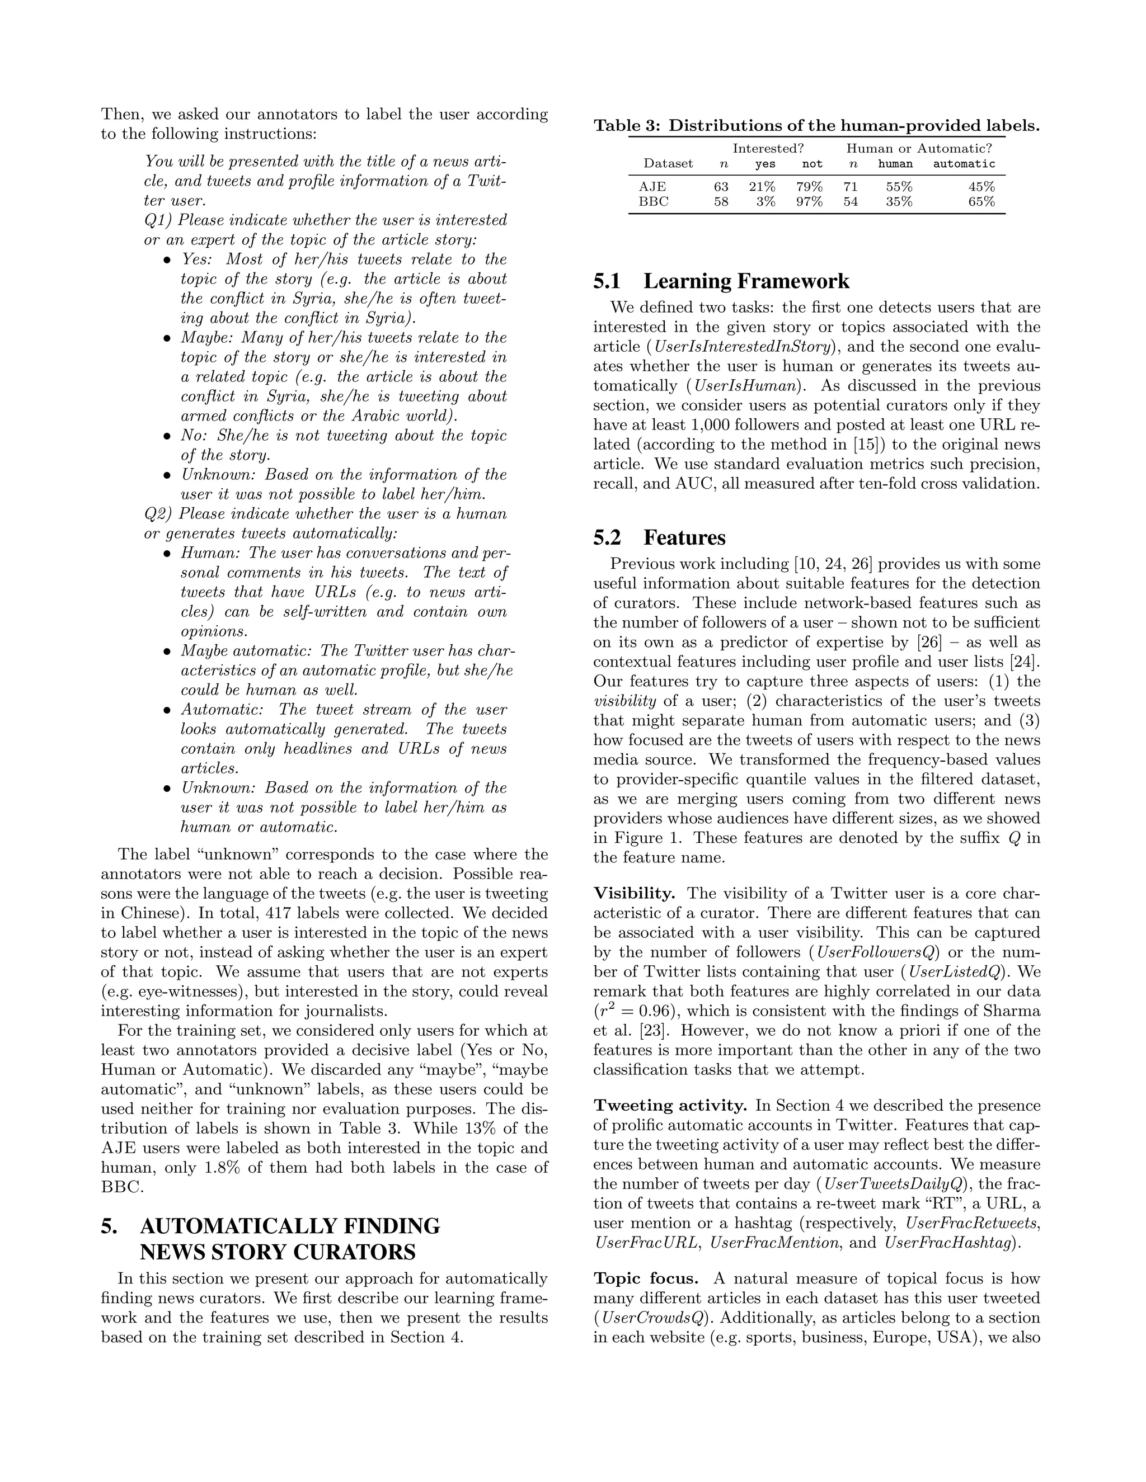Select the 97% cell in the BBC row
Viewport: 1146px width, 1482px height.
[x=809, y=201]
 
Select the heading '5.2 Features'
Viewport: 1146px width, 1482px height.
[x=659, y=537]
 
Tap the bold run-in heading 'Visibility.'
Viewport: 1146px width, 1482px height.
[x=634, y=894]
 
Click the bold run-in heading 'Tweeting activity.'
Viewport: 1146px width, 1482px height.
[x=669, y=1106]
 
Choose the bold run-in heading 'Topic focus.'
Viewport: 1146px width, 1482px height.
[x=646, y=1278]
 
